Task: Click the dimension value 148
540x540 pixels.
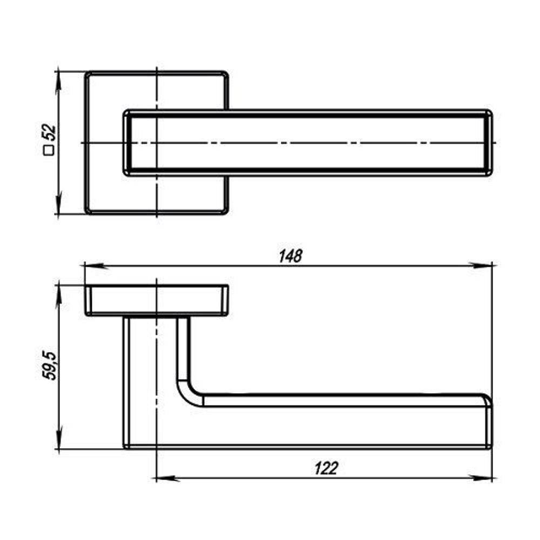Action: point(291,256)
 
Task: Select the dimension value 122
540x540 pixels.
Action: point(327,468)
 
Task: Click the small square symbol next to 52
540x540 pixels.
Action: point(49,151)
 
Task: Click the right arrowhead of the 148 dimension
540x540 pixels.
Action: point(481,266)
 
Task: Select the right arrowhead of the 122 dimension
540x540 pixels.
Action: point(481,478)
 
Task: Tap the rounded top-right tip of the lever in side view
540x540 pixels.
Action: point(488,400)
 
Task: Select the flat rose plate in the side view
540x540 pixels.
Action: point(157,300)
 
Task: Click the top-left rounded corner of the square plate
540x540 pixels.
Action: point(88,75)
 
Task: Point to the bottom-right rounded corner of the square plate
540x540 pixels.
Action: point(225,211)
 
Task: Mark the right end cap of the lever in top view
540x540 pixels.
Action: point(488,143)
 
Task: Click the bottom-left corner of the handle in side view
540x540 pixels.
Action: point(125,447)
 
